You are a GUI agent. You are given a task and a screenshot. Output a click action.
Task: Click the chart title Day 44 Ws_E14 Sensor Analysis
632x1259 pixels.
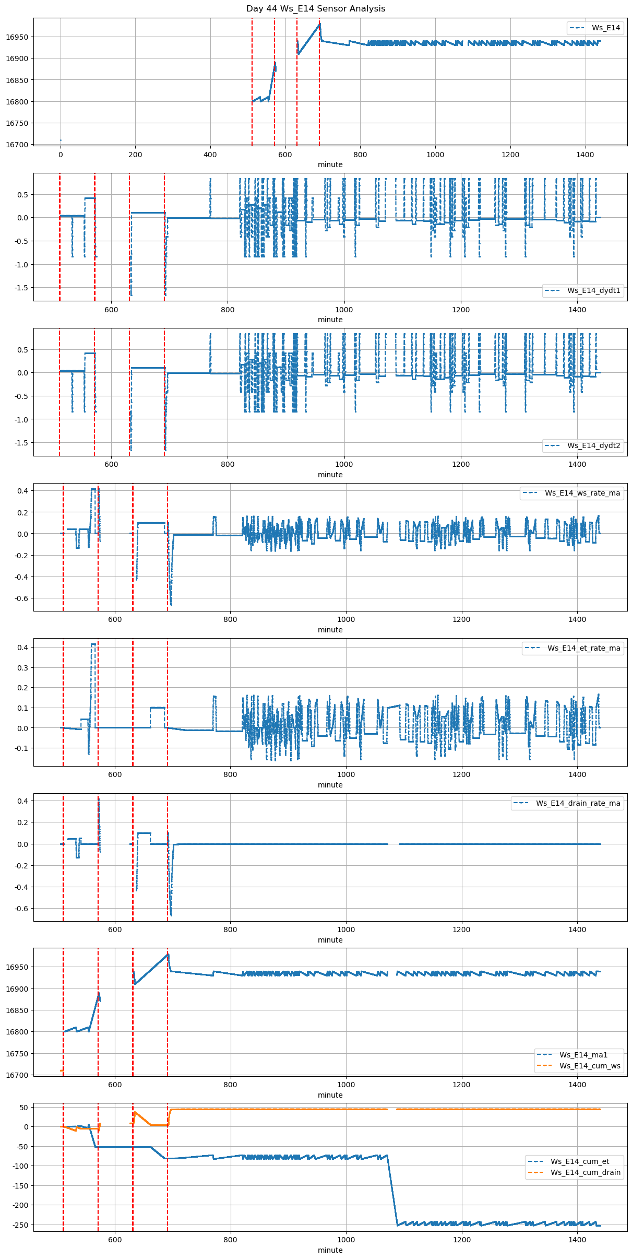click(316, 9)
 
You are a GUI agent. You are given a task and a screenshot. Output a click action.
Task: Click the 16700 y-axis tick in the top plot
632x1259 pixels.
click(17, 145)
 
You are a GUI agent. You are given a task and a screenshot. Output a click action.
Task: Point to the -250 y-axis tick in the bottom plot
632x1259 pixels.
click(20, 1225)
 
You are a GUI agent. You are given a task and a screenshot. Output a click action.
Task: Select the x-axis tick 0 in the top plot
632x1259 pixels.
click(61, 155)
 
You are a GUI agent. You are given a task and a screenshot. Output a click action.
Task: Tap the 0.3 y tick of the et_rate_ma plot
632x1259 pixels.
click(23, 667)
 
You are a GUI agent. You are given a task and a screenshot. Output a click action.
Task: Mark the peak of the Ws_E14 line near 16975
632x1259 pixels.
click(319, 24)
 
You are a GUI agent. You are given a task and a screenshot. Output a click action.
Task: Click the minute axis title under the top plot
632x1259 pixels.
click(330, 164)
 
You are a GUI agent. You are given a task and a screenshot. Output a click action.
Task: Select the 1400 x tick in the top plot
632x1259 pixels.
click(585, 155)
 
